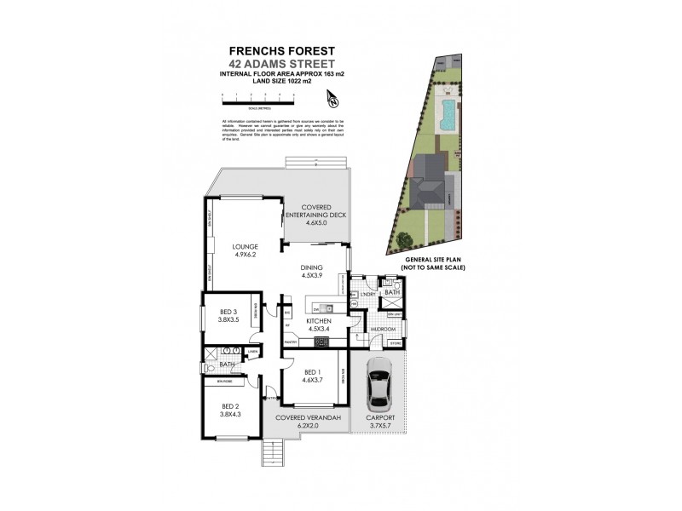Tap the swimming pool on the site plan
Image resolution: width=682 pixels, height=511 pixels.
pos(446,114)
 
